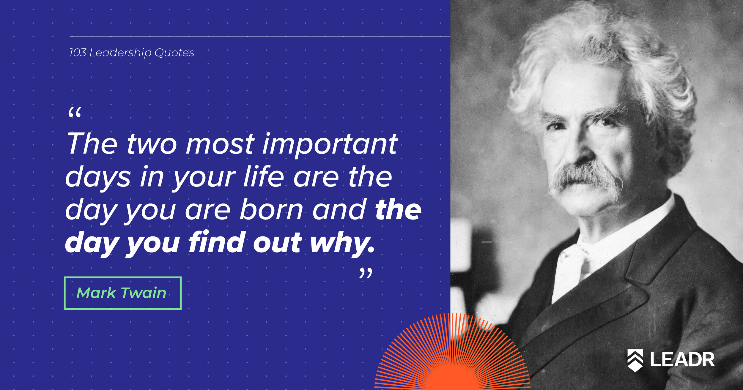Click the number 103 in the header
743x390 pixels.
coord(78,53)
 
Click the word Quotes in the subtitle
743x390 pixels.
coord(174,53)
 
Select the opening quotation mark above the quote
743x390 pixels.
coord(75,113)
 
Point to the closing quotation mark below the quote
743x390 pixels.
coord(366,273)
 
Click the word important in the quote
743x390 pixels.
coord(330,145)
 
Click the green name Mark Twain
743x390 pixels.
coord(121,293)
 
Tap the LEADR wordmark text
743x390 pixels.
coord(682,359)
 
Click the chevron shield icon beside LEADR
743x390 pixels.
coord(635,360)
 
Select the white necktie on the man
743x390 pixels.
coord(572,267)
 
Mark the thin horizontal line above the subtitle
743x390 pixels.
coord(260,37)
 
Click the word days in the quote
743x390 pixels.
coord(98,178)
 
